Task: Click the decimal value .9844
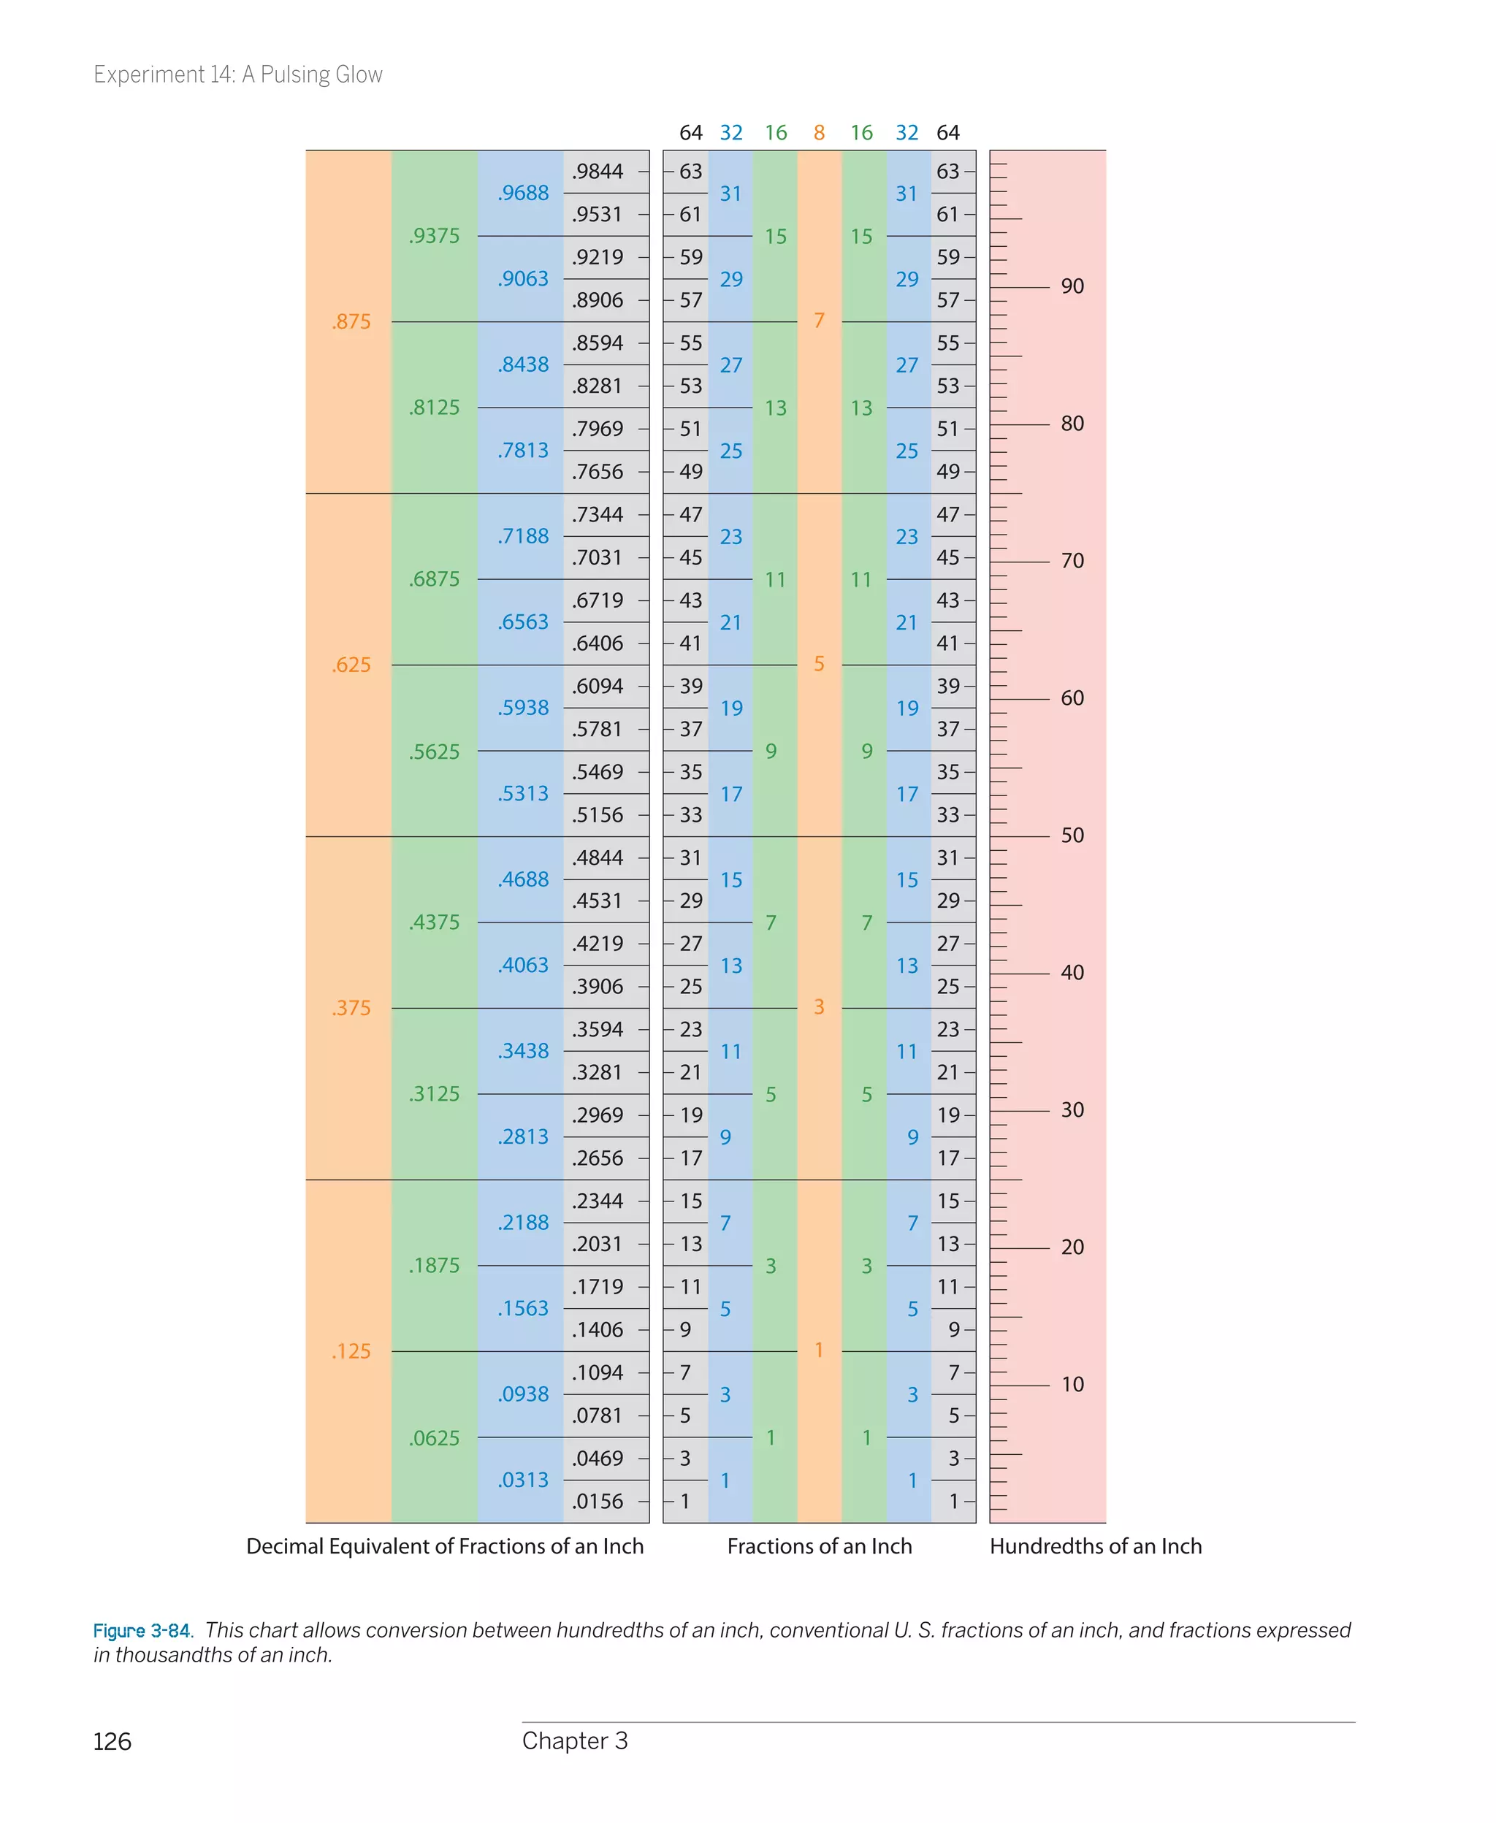tap(598, 172)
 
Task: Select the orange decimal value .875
tap(351, 321)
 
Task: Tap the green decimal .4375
tap(435, 922)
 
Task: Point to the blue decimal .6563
tap(522, 622)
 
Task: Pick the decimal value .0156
tap(598, 1502)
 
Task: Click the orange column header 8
tap(819, 133)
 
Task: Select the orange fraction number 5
tap(819, 663)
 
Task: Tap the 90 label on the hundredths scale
tap(1072, 286)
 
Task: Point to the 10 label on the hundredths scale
tap(1072, 1385)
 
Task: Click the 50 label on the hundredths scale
tap(1072, 836)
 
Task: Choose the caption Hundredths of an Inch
tap(1095, 1546)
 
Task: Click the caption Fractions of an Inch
tap(819, 1546)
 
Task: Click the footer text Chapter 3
tap(575, 1741)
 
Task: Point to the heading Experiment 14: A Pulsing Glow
tap(238, 75)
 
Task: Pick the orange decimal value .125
tap(351, 1351)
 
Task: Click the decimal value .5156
tap(598, 815)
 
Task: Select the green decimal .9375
tap(435, 235)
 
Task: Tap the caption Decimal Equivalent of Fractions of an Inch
tap(445, 1546)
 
